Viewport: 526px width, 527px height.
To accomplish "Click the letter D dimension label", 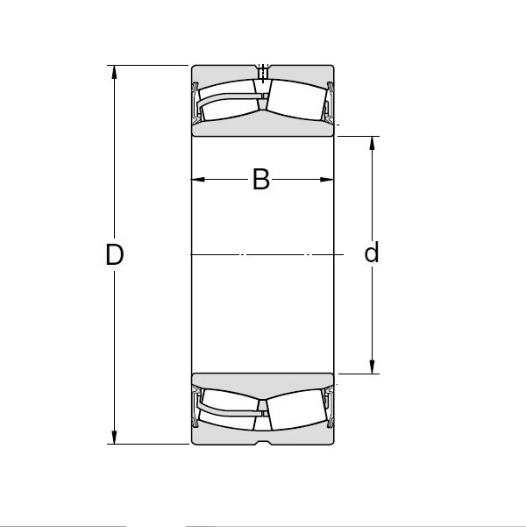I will (x=114, y=255).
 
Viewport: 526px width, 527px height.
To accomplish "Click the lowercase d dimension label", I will (x=372, y=253).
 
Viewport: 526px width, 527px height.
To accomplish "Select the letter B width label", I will (x=260, y=180).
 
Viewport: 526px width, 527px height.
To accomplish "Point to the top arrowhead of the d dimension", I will (x=373, y=143).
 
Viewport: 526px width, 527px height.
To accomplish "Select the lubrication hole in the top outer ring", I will (x=262, y=71).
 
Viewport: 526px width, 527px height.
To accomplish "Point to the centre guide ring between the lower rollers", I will (x=261, y=405).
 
